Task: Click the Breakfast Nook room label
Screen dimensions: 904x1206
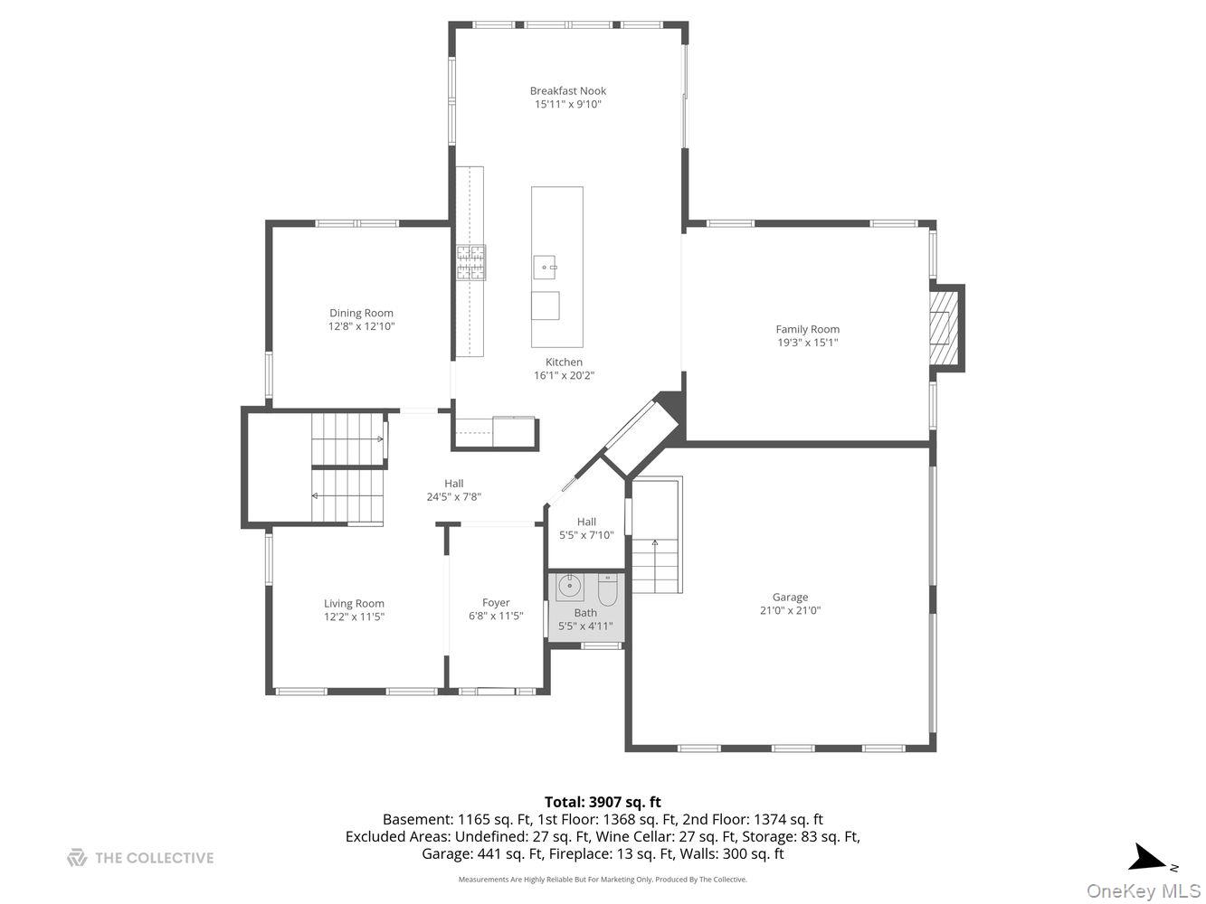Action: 567,90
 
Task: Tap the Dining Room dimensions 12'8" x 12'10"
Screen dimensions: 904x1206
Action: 361,326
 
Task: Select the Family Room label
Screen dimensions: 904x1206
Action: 807,329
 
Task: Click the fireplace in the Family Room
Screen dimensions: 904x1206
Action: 946,327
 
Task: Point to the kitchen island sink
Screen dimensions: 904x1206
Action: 544,267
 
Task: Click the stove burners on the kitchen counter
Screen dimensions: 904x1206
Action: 470,262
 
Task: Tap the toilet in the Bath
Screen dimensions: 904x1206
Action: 607,591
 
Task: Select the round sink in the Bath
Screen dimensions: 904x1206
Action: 569,586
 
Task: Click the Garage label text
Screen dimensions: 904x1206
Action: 790,597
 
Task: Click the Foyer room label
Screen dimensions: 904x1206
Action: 496,602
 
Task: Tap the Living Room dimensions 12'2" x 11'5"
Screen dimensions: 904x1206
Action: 355,617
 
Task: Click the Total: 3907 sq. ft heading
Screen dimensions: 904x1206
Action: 603,802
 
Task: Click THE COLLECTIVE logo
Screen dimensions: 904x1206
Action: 140,858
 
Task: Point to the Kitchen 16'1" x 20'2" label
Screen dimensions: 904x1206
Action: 564,369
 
